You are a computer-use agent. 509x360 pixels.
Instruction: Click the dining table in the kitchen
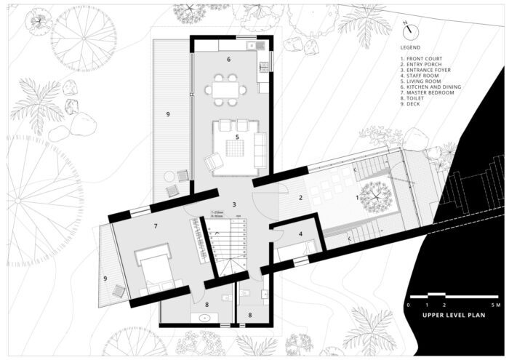point(225,89)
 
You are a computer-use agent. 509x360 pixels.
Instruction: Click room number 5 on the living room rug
point(237,137)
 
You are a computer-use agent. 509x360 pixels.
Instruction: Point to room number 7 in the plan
point(155,227)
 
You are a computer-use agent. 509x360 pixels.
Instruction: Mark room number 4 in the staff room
point(301,234)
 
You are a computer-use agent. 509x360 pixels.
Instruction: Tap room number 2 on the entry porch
point(301,197)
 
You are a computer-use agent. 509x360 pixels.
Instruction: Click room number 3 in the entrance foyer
point(234,205)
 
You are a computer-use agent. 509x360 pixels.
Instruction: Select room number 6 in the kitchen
point(228,59)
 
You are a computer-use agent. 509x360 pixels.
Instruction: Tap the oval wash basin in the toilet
point(203,317)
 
